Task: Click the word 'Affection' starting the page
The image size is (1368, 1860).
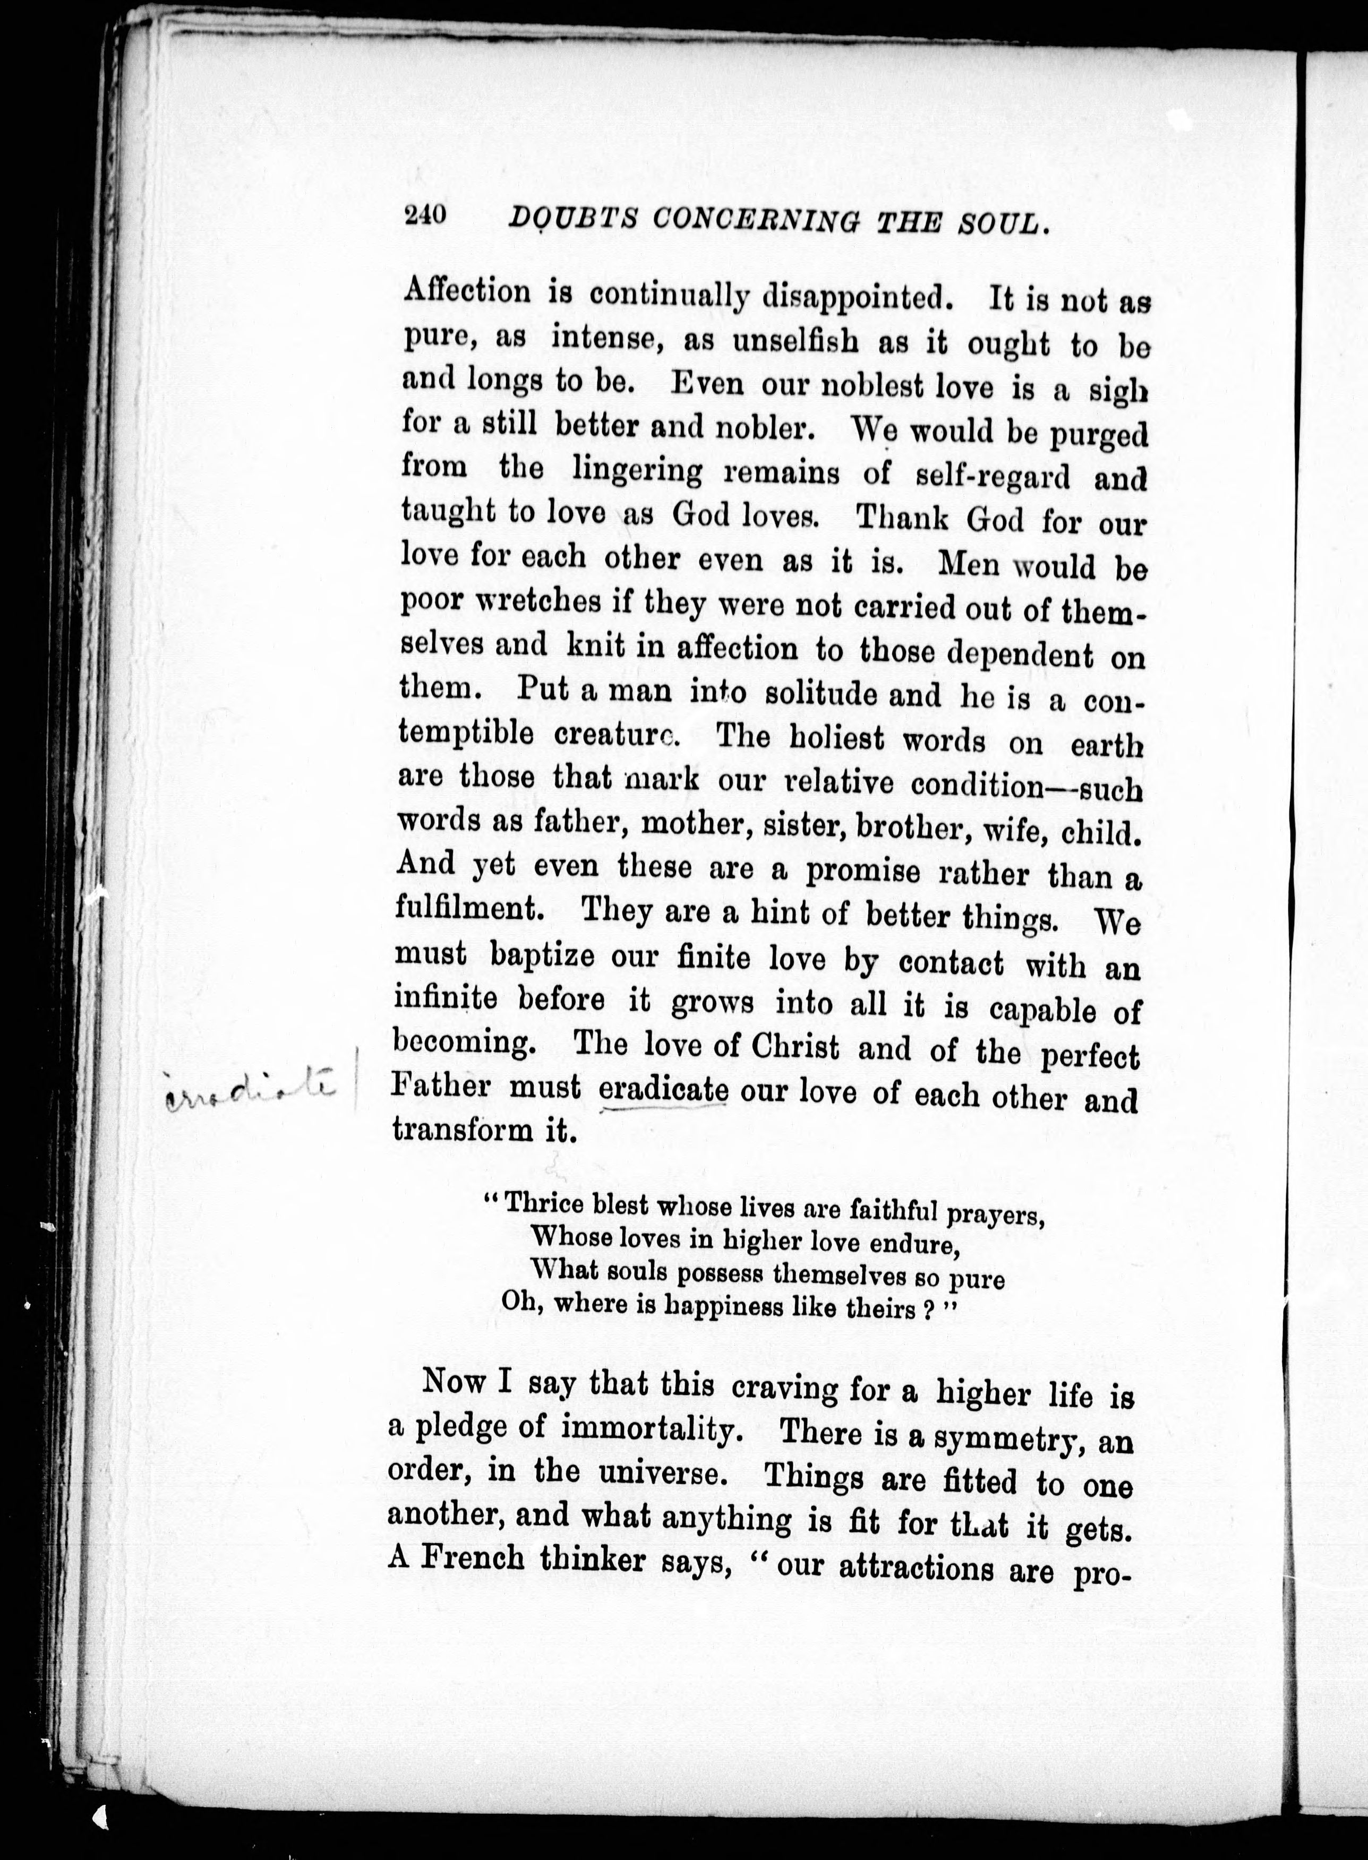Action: click(x=466, y=291)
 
